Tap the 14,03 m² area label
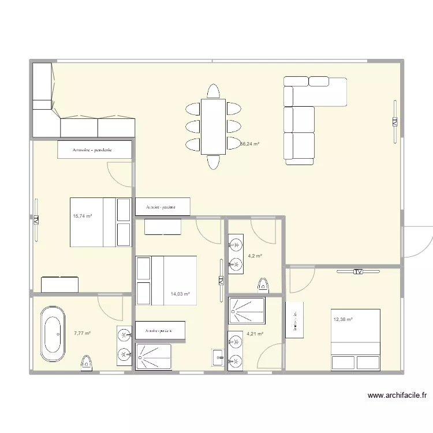pyautogui.click(x=180, y=294)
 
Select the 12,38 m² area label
pyautogui.click(x=342, y=319)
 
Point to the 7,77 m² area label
pyautogui.click(x=83, y=333)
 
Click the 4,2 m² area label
pyautogui.click(x=255, y=256)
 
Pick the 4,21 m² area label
pyautogui.click(x=255, y=333)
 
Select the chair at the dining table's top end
pyautogui.click(x=213, y=92)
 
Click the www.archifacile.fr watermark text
pyautogui.click(x=398, y=396)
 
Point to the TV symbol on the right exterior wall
pyautogui.click(x=395, y=122)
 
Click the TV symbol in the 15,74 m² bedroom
pyautogui.click(x=35, y=220)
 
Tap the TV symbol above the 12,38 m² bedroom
pyautogui.click(x=357, y=271)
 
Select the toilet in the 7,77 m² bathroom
pyautogui.click(x=87, y=363)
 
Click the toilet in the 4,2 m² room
pyautogui.click(x=263, y=285)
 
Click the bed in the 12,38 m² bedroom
pyautogui.click(x=355, y=340)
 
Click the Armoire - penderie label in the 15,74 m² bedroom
pyautogui.click(x=92, y=150)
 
